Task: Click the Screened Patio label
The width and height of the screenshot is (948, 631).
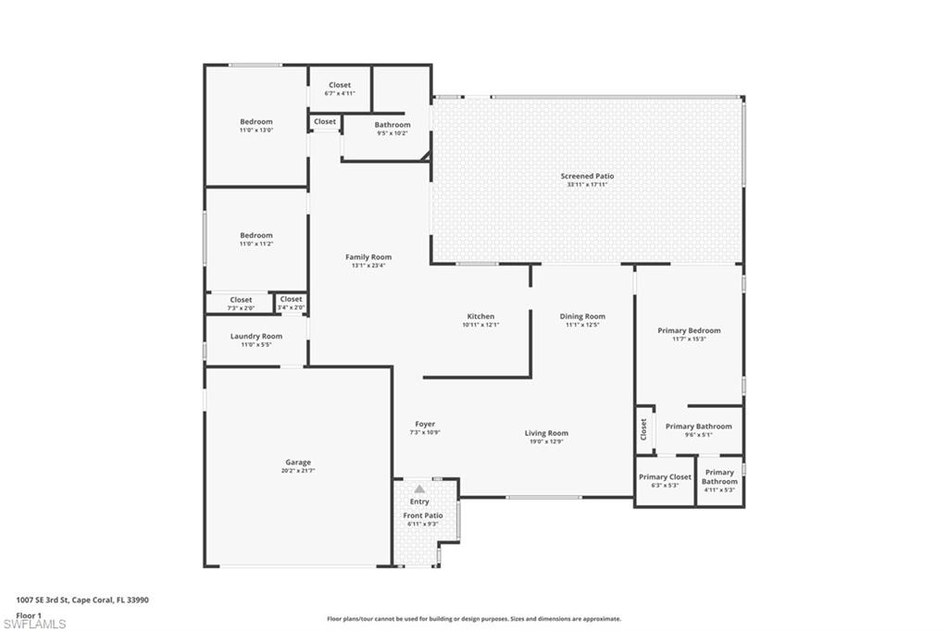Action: tap(587, 176)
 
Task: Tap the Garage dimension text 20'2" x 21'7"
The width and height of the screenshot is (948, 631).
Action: tap(298, 471)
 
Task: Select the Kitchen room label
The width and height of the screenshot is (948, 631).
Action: tap(480, 316)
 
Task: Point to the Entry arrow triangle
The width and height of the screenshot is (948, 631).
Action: tap(419, 489)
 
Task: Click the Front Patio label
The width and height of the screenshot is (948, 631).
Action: tap(422, 515)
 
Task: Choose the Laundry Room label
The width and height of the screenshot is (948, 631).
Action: tap(256, 336)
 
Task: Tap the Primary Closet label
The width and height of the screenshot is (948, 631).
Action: tap(665, 476)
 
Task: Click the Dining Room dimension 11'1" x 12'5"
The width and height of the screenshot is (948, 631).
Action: tap(582, 325)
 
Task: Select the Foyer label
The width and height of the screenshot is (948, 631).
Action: tap(425, 424)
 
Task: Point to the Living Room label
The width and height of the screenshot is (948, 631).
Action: tap(546, 433)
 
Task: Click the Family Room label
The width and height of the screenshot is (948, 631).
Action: tap(368, 257)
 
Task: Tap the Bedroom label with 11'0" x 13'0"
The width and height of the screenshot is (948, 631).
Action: tap(256, 122)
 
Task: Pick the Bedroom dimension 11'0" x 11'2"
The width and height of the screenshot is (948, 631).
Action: tap(256, 244)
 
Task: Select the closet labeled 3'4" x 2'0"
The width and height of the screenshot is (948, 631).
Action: tap(291, 302)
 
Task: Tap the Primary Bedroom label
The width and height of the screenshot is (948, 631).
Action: tap(689, 330)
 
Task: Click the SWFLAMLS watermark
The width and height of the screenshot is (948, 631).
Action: tap(34, 624)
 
